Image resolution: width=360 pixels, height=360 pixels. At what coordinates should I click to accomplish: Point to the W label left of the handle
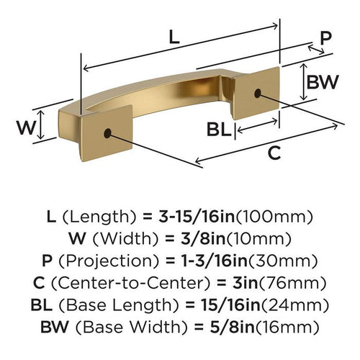[25, 129]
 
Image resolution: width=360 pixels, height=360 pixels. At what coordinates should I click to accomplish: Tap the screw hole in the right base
[258, 92]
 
